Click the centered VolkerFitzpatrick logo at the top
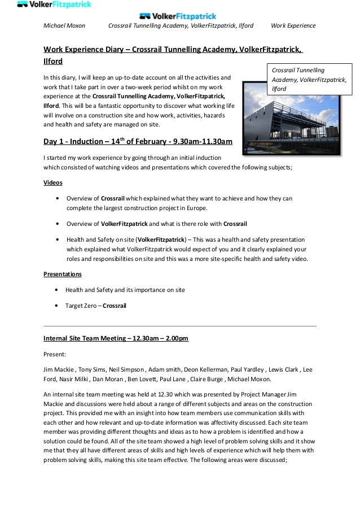click(177, 16)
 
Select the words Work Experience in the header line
click(293, 26)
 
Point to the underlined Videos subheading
click(53, 183)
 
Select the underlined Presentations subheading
click(63, 274)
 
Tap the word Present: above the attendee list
click(55, 354)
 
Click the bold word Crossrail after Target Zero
click(115, 306)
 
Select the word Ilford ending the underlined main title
click(53, 61)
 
